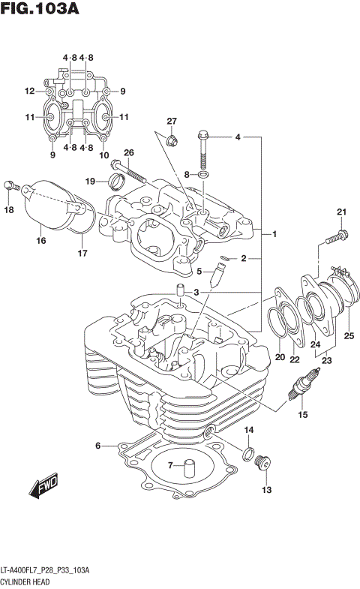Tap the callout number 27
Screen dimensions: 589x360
click(171, 122)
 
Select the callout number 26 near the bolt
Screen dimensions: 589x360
click(128, 153)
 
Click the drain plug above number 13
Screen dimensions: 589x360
click(262, 463)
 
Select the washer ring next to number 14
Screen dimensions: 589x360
click(245, 452)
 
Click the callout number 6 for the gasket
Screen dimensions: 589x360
click(97, 446)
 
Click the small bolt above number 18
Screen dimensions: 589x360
click(10, 185)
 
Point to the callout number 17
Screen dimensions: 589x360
click(82, 254)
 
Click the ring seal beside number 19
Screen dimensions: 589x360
click(115, 180)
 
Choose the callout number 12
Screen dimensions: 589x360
click(29, 92)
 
